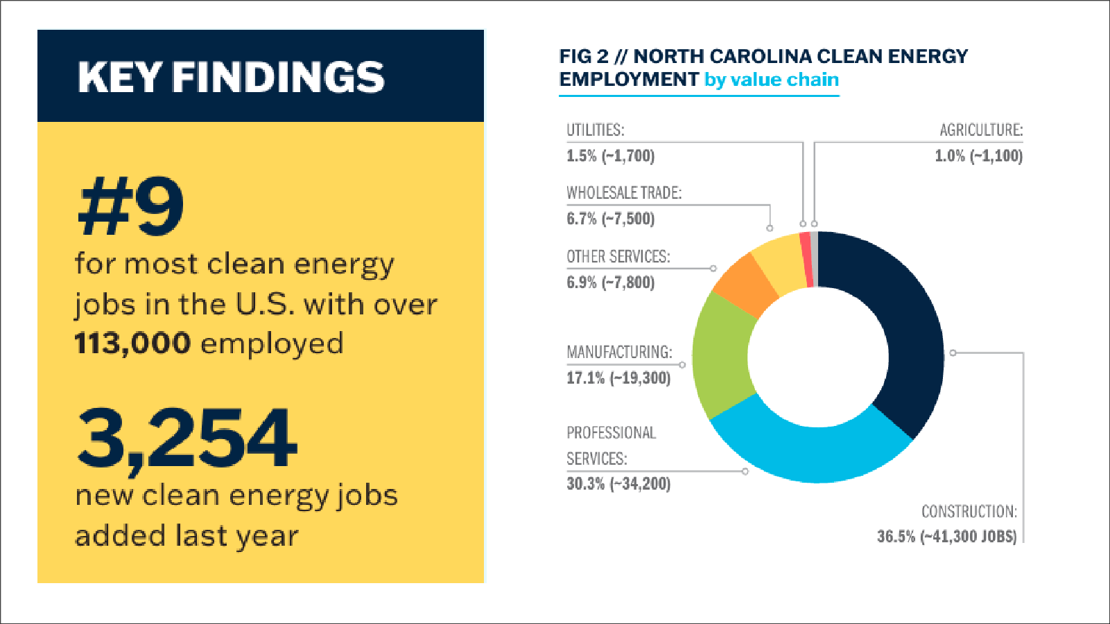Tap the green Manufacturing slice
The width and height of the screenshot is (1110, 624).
[x=721, y=353]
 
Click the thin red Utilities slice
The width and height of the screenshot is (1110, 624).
[x=806, y=260]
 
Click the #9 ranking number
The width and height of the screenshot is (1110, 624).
[x=132, y=206]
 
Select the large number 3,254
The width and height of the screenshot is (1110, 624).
[x=187, y=438]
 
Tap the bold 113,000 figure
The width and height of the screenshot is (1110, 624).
[x=132, y=344]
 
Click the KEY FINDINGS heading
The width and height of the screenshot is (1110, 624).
[x=231, y=77]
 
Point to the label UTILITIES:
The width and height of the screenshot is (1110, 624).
[x=595, y=130]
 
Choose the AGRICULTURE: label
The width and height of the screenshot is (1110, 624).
[x=980, y=130]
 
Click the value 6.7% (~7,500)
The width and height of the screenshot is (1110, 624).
[x=610, y=219]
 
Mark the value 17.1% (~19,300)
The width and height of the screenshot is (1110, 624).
[x=618, y=378]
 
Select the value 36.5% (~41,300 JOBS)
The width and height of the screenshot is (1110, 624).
[x=946, y=537]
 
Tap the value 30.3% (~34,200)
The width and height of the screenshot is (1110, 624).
[x=618, y=483]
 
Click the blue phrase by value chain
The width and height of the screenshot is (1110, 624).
[x=771, y=80]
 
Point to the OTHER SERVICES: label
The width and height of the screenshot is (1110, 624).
[x=618, y=257]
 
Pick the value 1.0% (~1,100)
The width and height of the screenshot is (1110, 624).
[x=978, y=156]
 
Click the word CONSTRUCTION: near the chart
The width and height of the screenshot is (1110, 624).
[x=969, y=512]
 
